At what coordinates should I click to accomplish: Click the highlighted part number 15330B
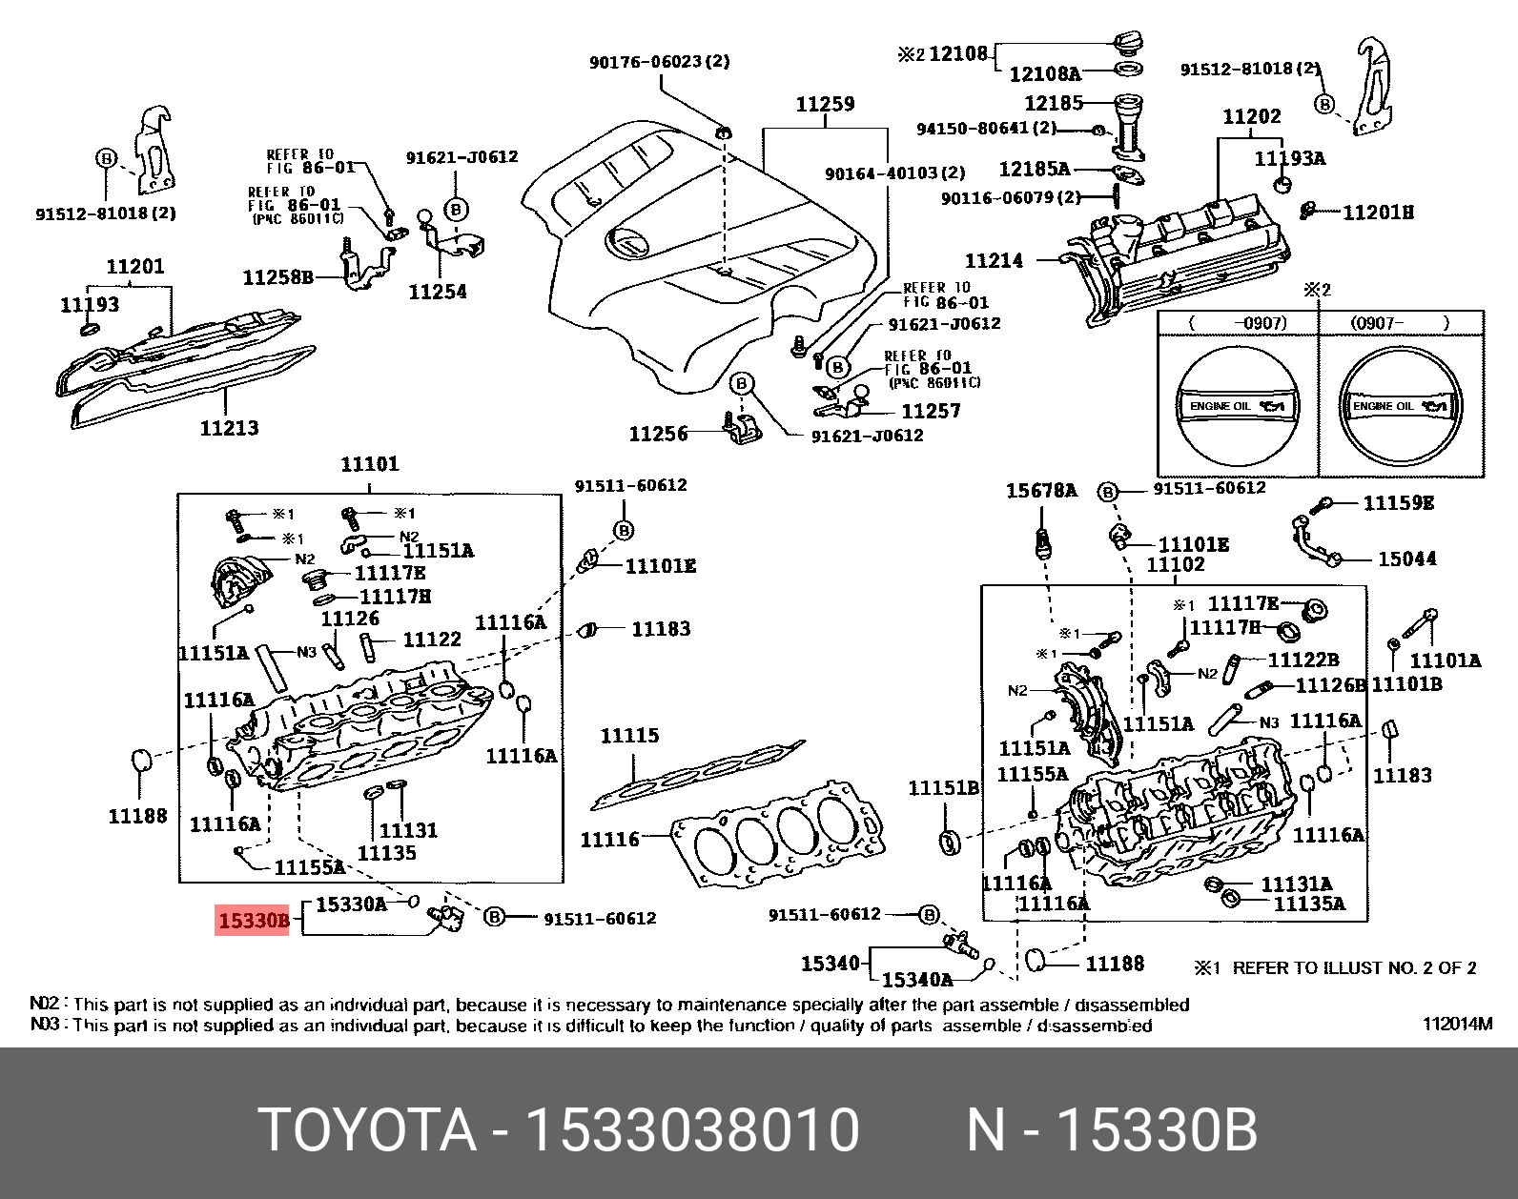point(253,920)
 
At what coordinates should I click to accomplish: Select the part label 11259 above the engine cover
point(825,104)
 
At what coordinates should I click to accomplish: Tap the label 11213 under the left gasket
point(229,428)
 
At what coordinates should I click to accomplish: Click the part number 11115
point(629,736)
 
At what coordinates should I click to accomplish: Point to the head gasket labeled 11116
point(777,834)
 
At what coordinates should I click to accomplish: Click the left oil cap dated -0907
point(1237,406)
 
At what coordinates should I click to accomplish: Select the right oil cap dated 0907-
point(1400,406)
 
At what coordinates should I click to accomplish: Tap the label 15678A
point(1040,491)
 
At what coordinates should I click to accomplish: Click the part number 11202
point(1251,116)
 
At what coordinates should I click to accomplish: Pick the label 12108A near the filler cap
point(1044,74)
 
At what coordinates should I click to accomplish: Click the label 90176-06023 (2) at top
point(659,62)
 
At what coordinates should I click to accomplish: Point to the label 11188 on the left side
point(137,816)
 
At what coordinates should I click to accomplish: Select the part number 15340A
point(916,980)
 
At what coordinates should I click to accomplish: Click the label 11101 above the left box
point(370,464)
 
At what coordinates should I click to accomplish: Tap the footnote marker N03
point(45,1025)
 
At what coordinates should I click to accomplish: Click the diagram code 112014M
point(1457,1024)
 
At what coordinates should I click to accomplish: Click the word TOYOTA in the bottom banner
point(367,1130)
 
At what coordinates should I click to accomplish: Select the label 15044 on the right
point(1406,559)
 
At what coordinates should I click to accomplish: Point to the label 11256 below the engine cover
point(658,434)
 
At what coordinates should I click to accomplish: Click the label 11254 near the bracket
point(438,292)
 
